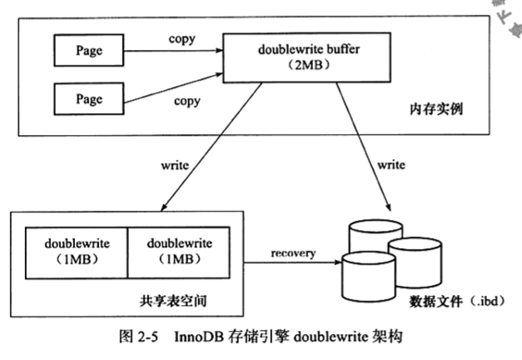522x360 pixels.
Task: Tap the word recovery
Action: (x=291, y=250)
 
